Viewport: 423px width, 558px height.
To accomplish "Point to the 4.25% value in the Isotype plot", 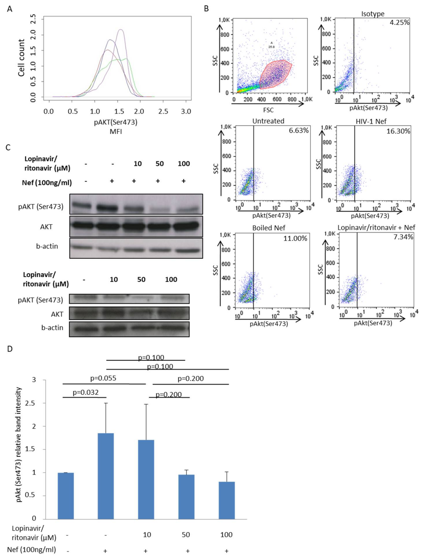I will pos(399,22).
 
